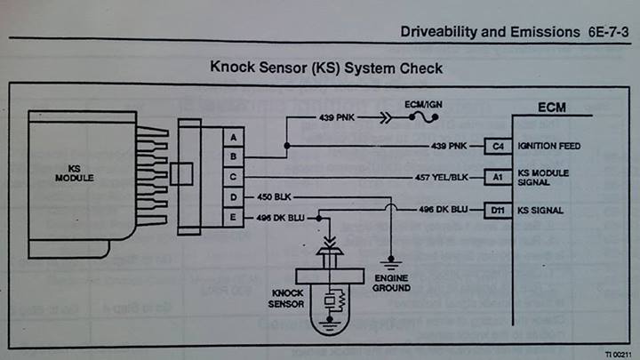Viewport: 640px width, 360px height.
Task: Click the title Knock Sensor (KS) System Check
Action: pos(325,68)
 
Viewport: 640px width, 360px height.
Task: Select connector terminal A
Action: pos(233,137)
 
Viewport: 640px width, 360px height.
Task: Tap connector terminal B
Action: pos(233,156)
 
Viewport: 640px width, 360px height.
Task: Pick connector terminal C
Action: pos(233,176)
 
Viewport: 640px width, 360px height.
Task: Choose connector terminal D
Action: pos(233,196)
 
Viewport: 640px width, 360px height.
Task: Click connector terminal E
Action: pos(233,215)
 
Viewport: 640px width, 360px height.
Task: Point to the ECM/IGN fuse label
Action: pos(423,105)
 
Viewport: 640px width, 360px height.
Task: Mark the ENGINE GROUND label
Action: pos(392,283)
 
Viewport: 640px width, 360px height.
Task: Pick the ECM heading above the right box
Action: pos(552,108)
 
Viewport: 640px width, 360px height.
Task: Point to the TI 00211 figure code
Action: pos(617,353)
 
